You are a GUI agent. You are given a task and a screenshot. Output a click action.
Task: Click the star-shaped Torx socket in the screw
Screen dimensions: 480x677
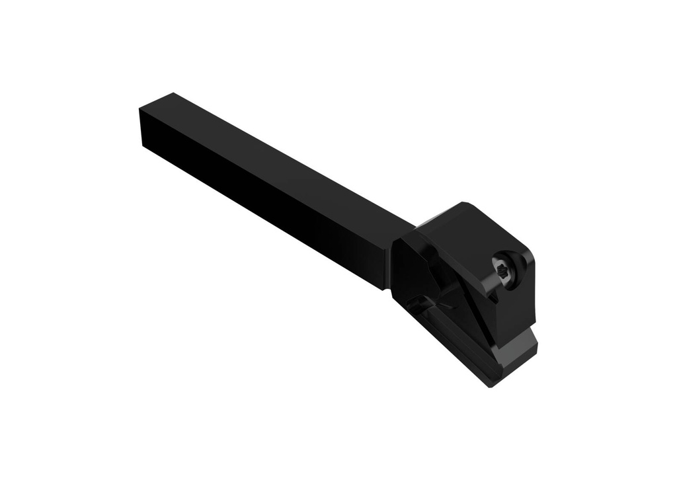[504, 269]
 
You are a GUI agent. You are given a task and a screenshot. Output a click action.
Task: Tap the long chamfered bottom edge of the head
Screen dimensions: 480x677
[450, 360]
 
